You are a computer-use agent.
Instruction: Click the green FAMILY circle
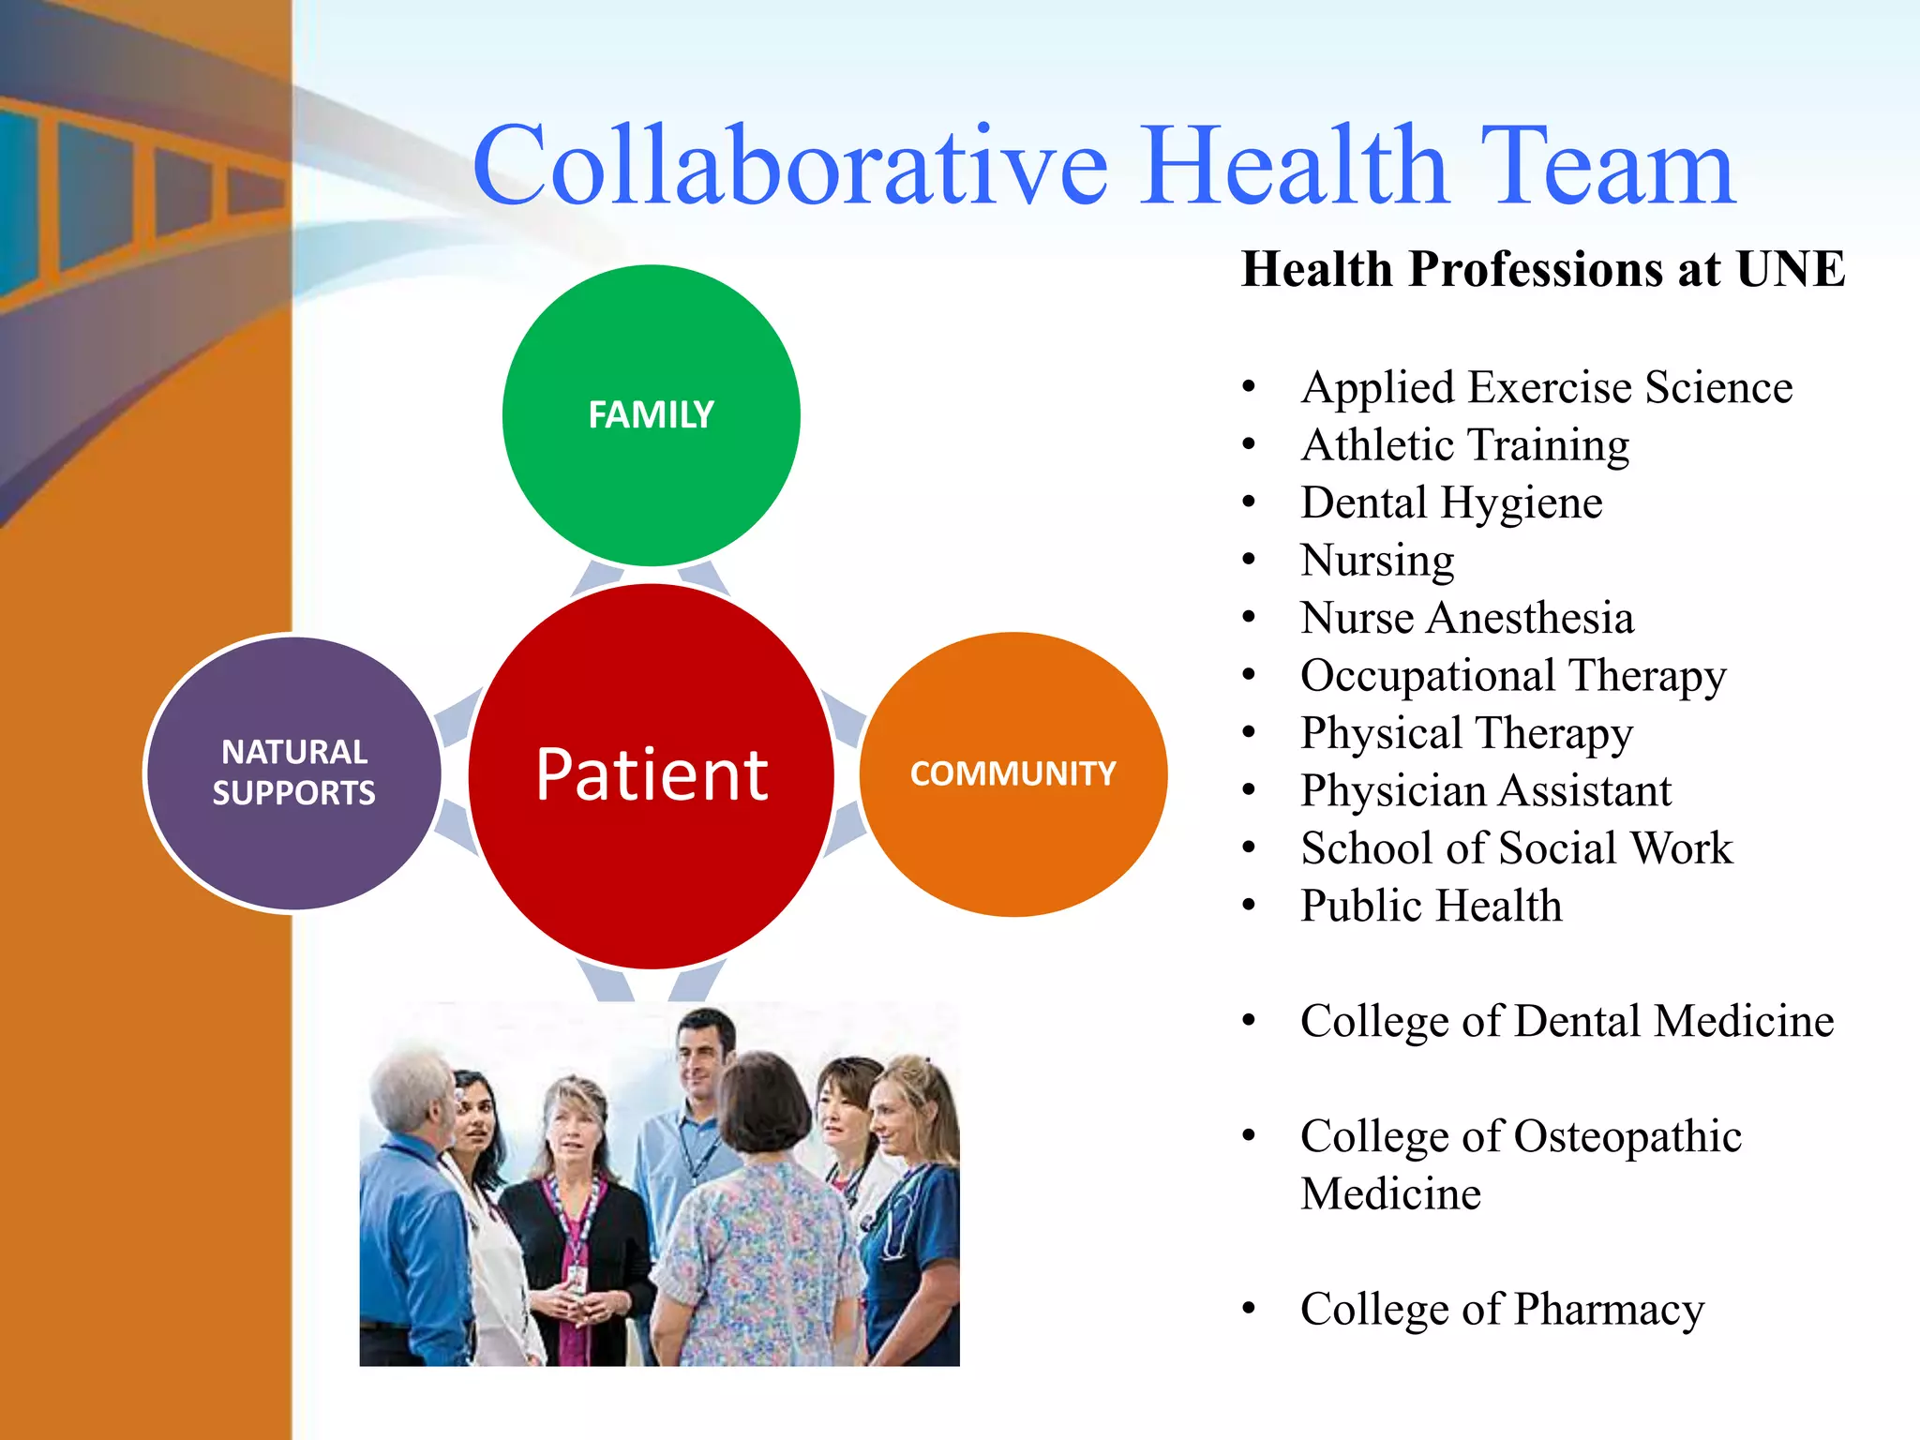651,415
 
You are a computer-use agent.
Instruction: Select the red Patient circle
651,775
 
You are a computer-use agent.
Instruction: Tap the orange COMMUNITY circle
1012,774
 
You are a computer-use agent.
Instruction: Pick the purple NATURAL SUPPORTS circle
293,772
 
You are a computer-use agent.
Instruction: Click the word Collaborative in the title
789,167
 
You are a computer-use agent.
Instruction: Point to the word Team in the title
1607,167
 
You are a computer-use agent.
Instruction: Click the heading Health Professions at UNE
1542,269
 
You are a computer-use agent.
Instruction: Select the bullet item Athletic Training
1464,444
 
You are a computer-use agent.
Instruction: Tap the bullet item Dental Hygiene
1451,502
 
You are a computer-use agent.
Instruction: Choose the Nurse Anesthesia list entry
1467,618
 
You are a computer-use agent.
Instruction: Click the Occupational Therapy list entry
1512,676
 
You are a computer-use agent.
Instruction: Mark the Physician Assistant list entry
1485,791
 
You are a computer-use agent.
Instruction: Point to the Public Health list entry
1431,906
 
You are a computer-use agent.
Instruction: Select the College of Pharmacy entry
1502,1309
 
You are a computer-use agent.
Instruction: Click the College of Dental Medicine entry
1566,1021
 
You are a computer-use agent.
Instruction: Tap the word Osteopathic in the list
1627,1136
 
